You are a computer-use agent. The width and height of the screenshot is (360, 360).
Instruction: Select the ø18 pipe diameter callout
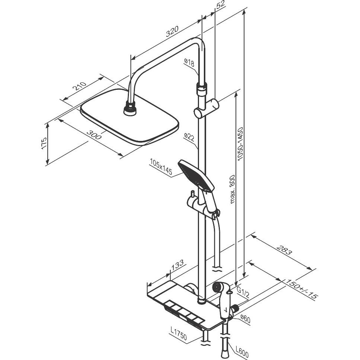coord(189,63)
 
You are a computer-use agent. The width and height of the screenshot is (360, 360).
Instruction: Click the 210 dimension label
coord(79,87)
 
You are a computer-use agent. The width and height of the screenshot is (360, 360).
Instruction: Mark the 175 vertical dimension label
coord(44,142)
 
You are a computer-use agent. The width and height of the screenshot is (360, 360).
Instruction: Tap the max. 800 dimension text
coord(233,189)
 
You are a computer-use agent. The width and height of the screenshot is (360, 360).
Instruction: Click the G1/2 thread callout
coord(243,293)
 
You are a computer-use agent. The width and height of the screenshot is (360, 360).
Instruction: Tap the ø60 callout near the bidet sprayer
coord(245,318)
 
